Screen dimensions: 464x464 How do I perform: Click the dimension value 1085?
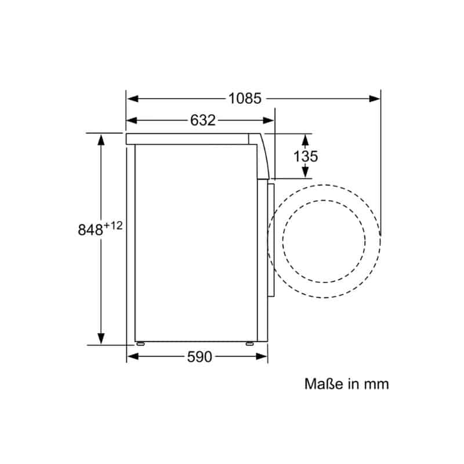point(245,98)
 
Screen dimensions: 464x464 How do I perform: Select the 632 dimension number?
point(202,121)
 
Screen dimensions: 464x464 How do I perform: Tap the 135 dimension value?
point(306,156)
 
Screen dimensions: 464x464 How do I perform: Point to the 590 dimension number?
point(200,357)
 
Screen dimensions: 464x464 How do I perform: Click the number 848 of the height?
point(90,230)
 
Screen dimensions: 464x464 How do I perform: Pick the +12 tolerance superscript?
point(113,226)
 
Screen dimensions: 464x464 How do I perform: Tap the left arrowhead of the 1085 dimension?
point(133,99)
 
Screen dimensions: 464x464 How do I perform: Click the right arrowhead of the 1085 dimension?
point(375,99)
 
